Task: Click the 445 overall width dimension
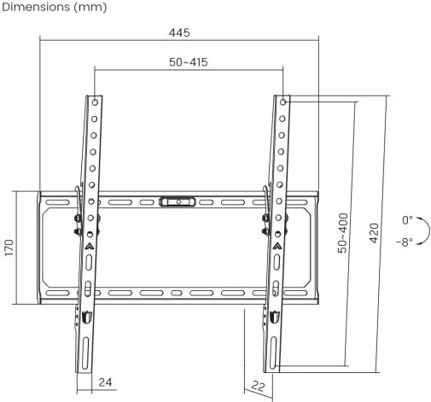click(179, 32)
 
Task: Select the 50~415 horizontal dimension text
click(189, 62)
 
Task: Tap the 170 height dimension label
click(9, 248)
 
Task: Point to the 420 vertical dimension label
click(375, 233)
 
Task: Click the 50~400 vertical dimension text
click(343, 233)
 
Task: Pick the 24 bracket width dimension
click(105, 382)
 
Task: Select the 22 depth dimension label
click(258, 386)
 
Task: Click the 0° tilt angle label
click(407, 220)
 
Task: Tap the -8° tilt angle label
click(405, 242)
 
